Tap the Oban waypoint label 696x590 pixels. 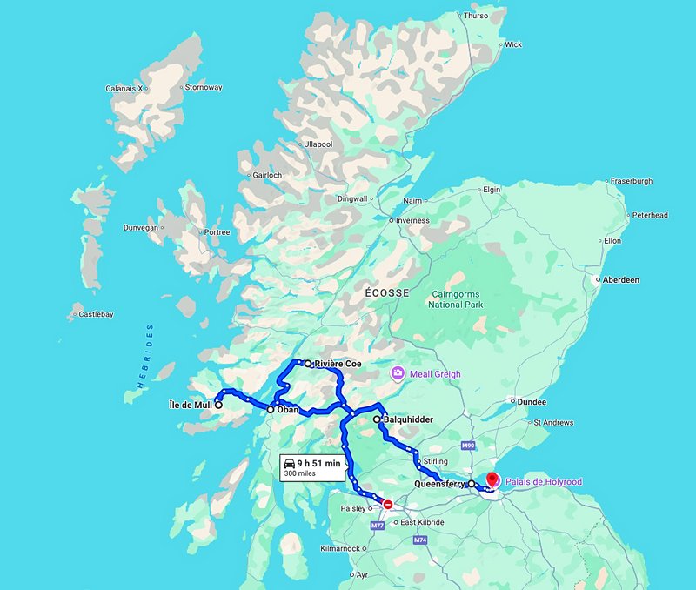click(288, 409)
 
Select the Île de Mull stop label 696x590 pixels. click(191, 405)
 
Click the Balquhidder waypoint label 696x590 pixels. click(408, 419)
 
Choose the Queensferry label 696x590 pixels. click(440, 484)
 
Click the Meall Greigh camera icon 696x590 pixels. click(397, 374)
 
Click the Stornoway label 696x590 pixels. click(204, 88)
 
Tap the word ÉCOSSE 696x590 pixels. click(385, 293)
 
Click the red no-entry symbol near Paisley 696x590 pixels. click(388, 504)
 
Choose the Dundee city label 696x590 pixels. click(531, 402)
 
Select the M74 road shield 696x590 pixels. click(420, 540)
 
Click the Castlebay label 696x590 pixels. click(96, 314)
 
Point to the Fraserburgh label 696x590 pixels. click(632, 181)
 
